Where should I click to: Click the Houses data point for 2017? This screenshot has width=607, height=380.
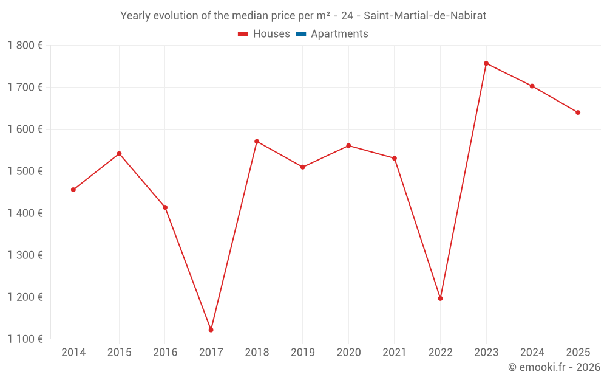point(211,330)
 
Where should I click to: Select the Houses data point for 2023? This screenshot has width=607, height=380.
point(486,63)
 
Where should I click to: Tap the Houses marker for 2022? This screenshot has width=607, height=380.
point(440,298)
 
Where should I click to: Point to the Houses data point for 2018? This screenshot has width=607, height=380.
point(257,142)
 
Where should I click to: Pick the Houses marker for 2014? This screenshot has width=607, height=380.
point(73,190)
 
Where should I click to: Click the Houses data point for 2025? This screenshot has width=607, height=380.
point(578,112)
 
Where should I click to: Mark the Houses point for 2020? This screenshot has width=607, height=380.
point(348,146)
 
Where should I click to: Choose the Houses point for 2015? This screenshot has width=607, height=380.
point(119,154)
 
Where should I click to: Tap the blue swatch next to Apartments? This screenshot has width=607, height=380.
point(301,34)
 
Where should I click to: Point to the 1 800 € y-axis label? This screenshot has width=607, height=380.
point(25,45)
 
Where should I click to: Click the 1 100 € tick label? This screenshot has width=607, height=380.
point(25,339)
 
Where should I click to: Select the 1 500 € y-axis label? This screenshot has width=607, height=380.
point(25,171)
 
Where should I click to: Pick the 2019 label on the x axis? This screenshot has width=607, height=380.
point(302,352)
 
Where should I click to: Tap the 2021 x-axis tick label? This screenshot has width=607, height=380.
point(395,352)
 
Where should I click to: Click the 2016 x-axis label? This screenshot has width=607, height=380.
point(165,352)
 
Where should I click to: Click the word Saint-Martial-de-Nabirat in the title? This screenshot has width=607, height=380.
point(425,16)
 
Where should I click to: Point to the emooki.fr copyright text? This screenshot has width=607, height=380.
point(554,367)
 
